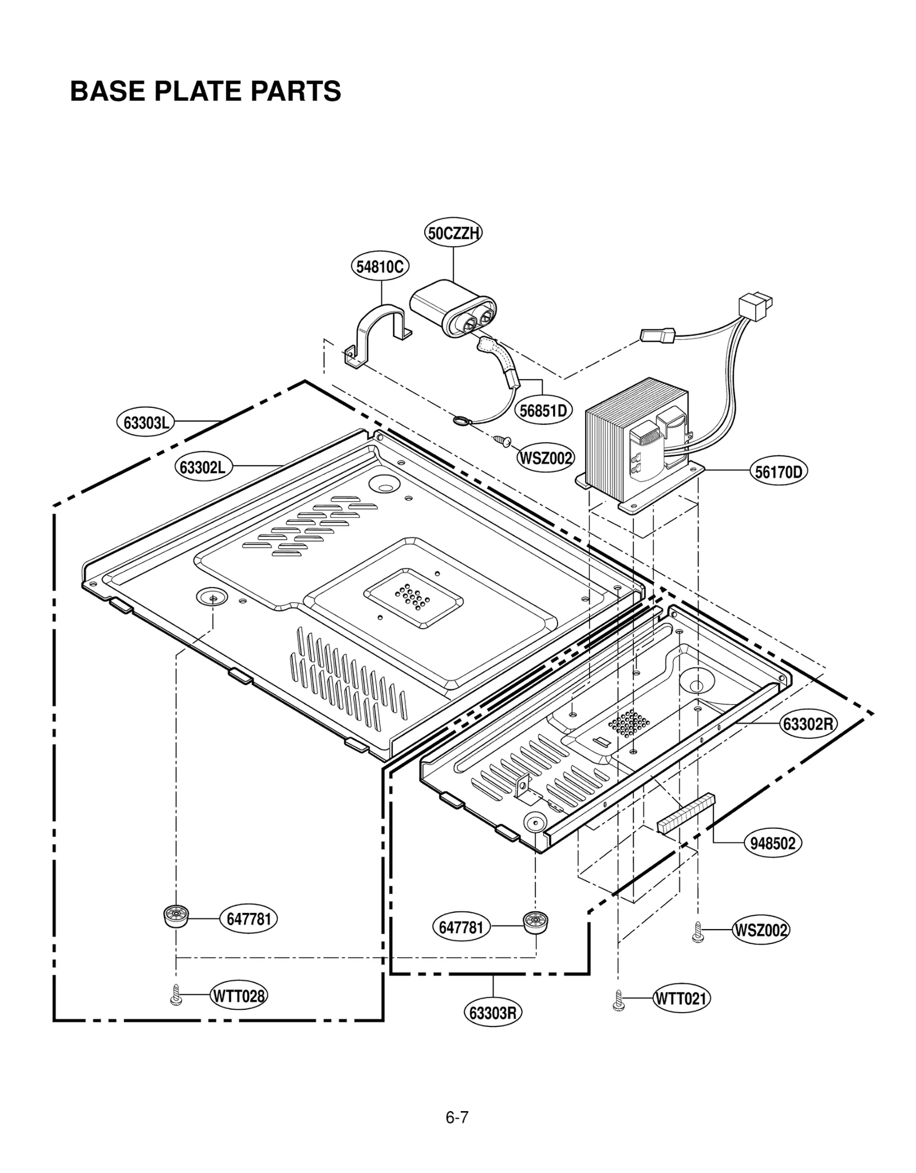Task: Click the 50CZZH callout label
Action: click(x=453, y=233)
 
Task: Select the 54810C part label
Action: click(x=380, y=266)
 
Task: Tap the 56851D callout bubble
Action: click(x=543, y=410)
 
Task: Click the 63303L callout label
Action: click(x=147, y=423)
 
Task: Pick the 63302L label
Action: click(x=203, y=467)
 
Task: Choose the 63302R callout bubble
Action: click(x=808, y=724)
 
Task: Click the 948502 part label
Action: click(x=773, y=843)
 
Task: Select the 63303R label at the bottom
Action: click(x=492, y=1013)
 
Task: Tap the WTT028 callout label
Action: click(x=239, y=996)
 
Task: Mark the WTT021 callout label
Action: click(x=681, y=999)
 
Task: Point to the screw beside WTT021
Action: click(x=618, y=999)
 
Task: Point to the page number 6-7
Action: click(x=457, y=1117)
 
